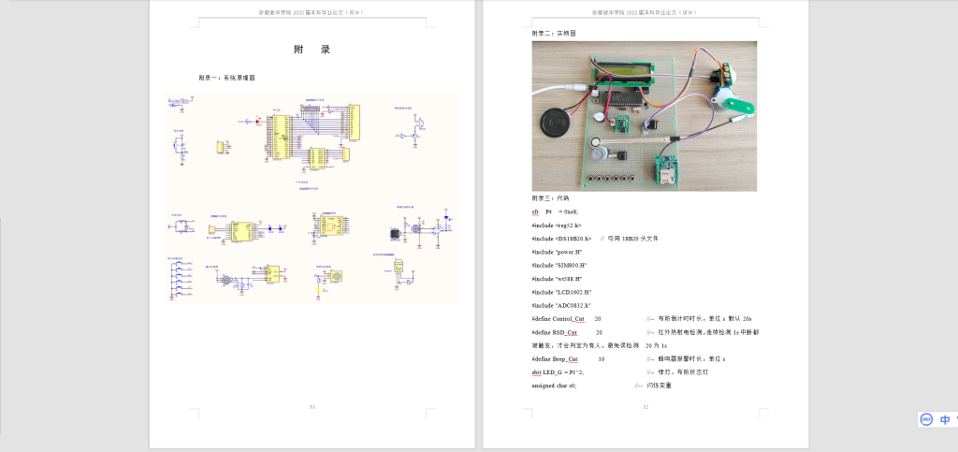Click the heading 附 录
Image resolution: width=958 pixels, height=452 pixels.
(312, 50)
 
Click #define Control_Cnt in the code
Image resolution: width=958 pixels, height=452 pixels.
(558, 319)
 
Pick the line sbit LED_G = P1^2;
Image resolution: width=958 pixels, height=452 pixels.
(558, 372)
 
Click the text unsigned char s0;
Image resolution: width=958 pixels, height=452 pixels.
(554, 386)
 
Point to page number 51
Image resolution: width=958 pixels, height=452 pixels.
(312, 407)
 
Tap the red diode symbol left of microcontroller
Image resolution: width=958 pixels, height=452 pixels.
(248, 121)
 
